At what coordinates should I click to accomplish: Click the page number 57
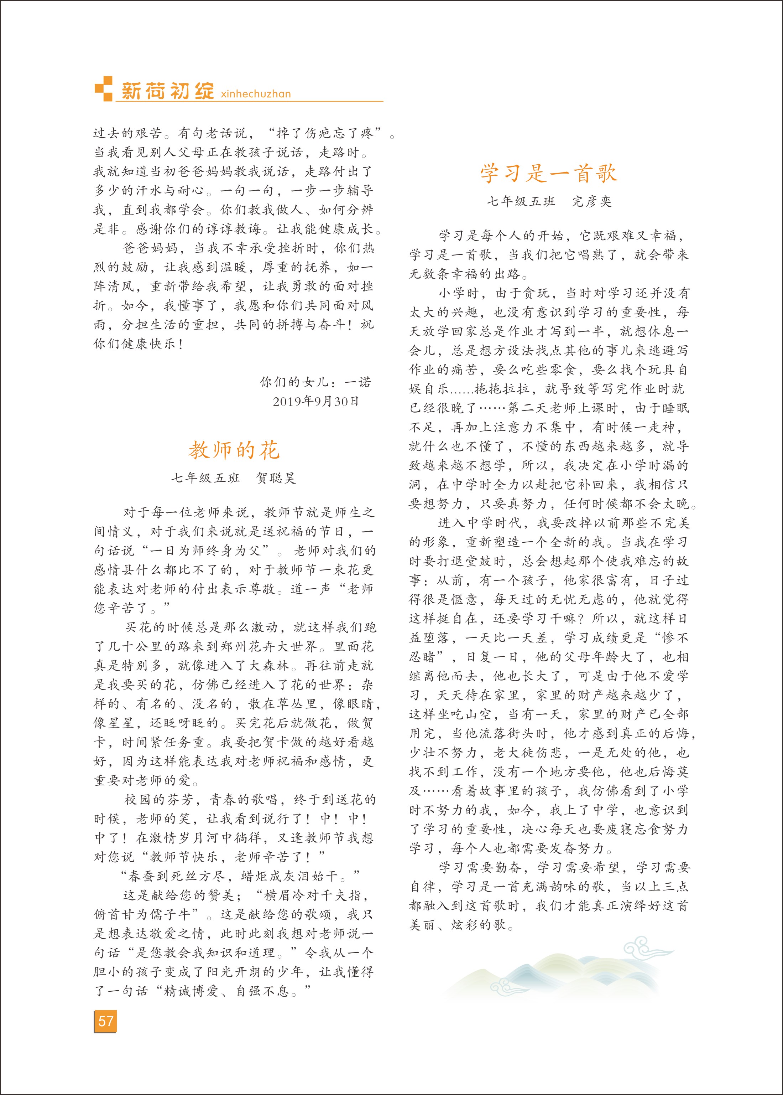click(105, 1021)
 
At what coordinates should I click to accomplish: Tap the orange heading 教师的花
click(234, 450)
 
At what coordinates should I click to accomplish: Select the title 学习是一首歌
click(548, 173)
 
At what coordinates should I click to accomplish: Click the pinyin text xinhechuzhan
click(256, 94)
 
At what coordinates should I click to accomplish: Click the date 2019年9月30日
click(316, 401)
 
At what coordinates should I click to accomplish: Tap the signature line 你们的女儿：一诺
click(316, 382)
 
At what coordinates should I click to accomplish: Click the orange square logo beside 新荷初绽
click(103, 89)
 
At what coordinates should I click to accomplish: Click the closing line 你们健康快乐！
click(139, 344)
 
